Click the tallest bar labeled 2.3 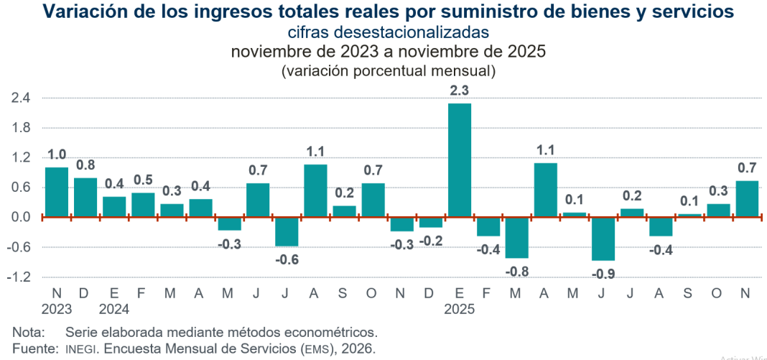[x=459, y=160]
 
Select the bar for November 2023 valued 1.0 [x=57, y=192]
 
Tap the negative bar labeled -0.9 [x=603, y=239]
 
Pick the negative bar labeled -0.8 [x=516, y=237]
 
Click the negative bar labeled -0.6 [x=287, y=231]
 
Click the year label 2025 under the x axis [x=459, y=310]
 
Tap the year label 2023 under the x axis [x=57, y=310]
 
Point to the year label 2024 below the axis [x=114, y=310]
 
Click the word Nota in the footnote [x=28, y=333]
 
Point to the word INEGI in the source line [x=81, y=349]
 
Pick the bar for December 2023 [x=85, y=197]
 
